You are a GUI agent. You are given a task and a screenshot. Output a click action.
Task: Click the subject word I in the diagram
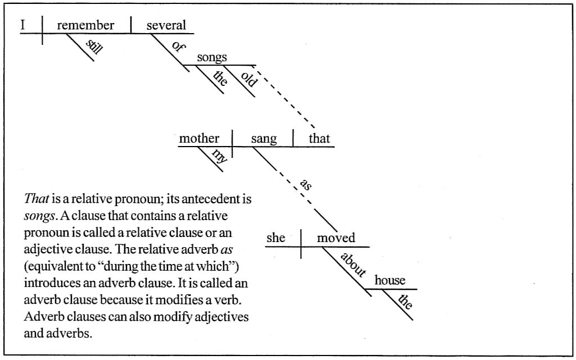coord(23,25)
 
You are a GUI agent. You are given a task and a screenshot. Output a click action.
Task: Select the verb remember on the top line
coord(85,25)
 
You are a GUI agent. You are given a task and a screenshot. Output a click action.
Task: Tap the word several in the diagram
coord(166,25)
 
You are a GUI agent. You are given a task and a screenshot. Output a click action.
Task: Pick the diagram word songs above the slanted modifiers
coord(212,57)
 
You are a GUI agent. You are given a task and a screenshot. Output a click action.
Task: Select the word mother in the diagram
coord(199,138)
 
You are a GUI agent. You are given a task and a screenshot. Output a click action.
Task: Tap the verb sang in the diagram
coord(264,139)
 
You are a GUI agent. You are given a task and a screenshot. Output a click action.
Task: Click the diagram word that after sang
coord(319,138)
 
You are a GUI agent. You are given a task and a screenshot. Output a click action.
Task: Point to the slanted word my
coord(220,156)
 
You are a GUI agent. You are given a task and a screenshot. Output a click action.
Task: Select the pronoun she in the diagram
coord(275,238)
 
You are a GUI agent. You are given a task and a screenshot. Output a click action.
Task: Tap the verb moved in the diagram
coord(336,238)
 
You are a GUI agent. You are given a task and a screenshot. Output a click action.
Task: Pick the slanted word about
coord(353,264)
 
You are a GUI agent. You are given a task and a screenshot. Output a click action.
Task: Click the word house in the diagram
coord(389,281)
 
